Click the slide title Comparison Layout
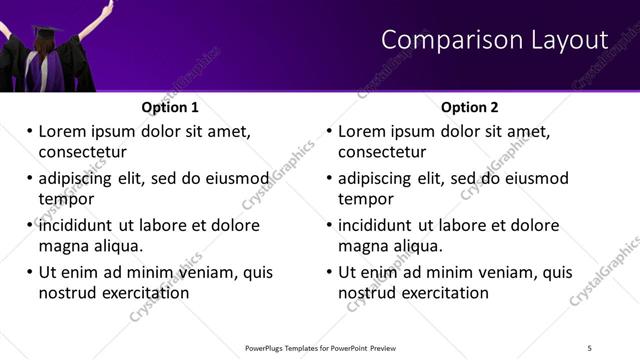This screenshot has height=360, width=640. click(x=495, y=40)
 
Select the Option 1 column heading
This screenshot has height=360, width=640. click(x=170, y=107)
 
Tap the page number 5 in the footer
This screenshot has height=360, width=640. click(x=589, y=347)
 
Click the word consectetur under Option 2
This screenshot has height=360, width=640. click(x=382, y=152)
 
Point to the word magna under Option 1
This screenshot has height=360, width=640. click(x=63, y=246)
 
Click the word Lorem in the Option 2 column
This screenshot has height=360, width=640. click(x=361, y=131)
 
